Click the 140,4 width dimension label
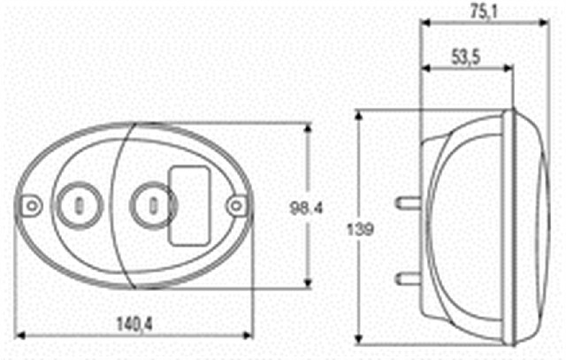pyautogui.click(x=134, y=324)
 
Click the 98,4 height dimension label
pyautogui.click(x=306, y=208)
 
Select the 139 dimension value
pyautogui.click(x=360, y=229)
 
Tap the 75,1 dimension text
pyautogui.click(x=484, y=11)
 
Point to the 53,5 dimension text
pyautogui.click(x=466, y=57)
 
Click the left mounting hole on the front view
pyautogui.click(x=32, y=206)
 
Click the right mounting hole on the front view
pyautogui.click(x=236, y=206)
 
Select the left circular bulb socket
pyautogui.click(x=79, y=206)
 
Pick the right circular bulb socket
pyautogui.click(x=153, y=206)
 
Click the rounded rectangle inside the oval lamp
pyautogui.click(x=190, y=206)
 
